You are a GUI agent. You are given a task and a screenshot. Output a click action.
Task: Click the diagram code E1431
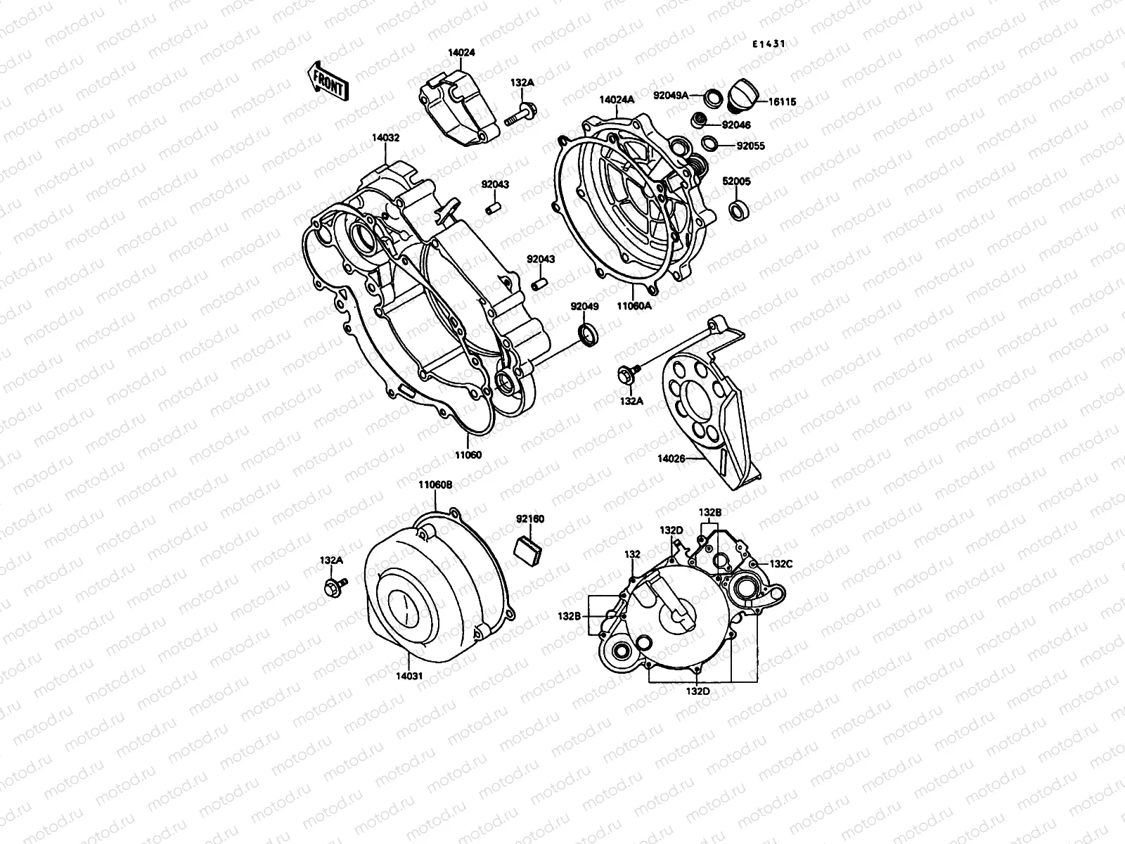[x=769, y=44]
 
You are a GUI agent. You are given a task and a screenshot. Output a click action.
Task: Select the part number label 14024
[x=462, y=52]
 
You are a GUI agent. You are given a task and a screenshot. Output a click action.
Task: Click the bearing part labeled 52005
[x=738, y=209]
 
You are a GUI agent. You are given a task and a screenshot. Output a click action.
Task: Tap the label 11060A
[x=635, y=306]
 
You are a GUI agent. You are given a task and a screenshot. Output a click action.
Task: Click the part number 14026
[x=671, y=458]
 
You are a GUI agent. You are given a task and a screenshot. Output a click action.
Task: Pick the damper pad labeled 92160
[x=528, y=546]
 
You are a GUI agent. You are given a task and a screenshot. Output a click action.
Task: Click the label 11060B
[x=435, y=485]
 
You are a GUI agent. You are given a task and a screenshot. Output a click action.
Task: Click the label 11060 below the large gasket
[x=468, y=455]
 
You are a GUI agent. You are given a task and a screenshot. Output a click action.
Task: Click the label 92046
[x=736, y=124]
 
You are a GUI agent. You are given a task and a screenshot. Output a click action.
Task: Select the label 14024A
[x=617, y=100]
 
